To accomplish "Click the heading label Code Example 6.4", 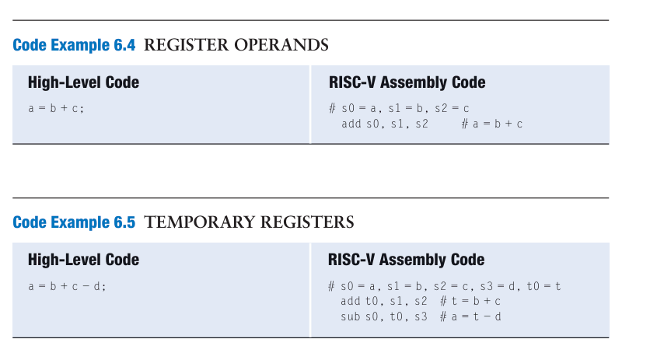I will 74,45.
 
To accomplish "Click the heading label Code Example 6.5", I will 74,223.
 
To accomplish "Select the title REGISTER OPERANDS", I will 236,45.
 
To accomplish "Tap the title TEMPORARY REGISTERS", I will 249,223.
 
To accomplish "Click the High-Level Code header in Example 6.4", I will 83,82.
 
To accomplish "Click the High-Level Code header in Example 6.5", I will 83,260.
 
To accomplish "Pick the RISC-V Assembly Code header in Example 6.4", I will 407,82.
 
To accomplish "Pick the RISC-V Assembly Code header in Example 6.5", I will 407,260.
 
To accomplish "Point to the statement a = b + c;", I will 56,109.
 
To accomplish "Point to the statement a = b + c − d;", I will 67,286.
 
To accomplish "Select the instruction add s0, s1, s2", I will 385,124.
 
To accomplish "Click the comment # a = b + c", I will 491,124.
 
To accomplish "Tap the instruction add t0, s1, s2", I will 384,301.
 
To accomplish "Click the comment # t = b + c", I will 470,301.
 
